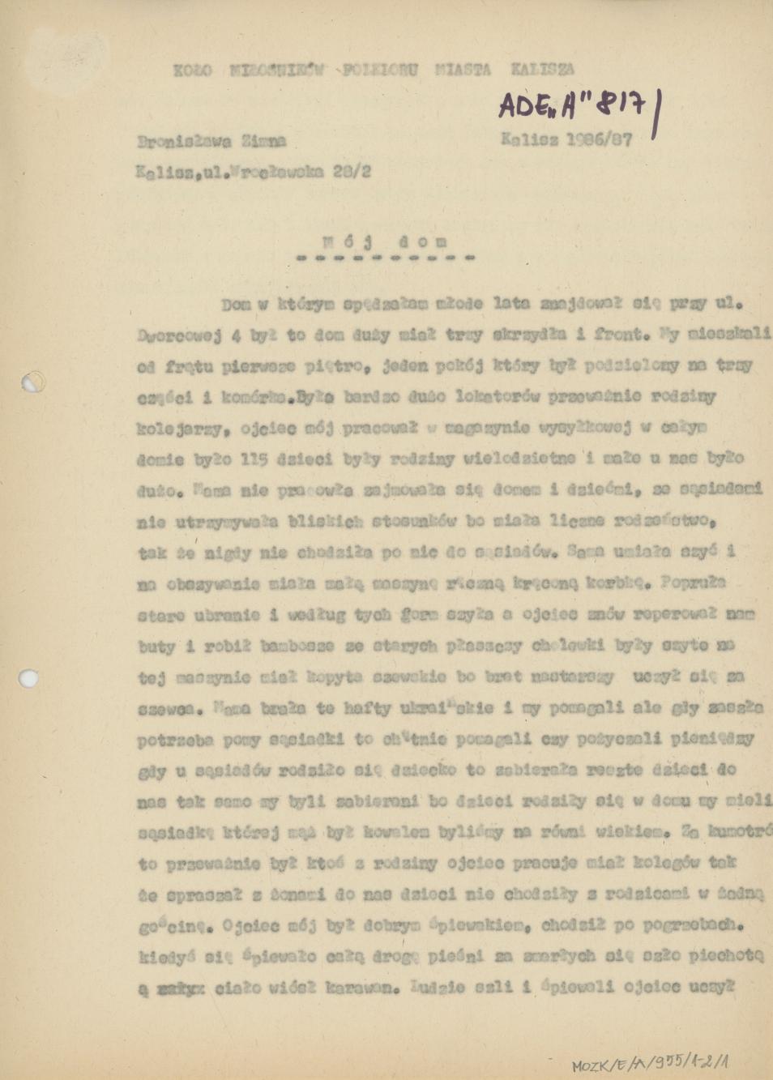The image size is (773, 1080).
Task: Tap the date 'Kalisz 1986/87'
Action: tap(566, 139)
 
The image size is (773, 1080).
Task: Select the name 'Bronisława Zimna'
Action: tap(211, 141)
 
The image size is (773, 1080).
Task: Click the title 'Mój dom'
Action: tap(384, 241)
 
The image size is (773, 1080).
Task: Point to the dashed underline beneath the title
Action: tap(385, 258)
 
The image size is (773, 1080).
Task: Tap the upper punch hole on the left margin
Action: tap(33, 381)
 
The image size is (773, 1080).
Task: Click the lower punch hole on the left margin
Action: tap(29, 677)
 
